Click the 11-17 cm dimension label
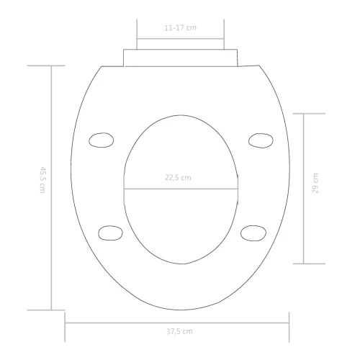[180, 28]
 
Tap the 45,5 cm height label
[42, 180]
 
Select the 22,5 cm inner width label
[178, 178]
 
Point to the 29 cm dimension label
[315, 183]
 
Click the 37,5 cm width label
[179, 331]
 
